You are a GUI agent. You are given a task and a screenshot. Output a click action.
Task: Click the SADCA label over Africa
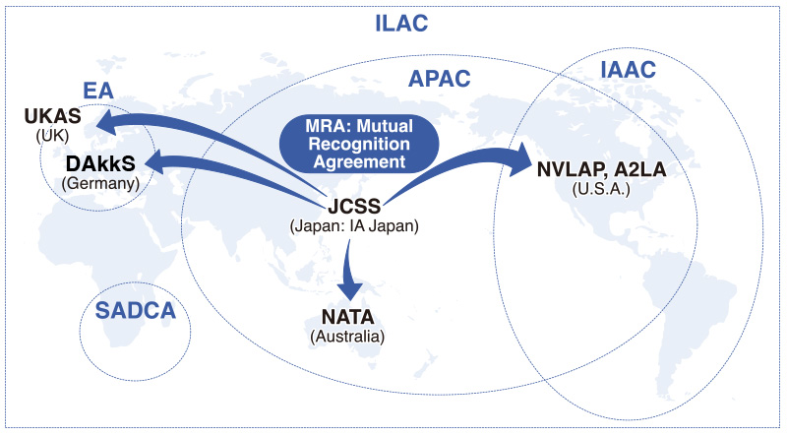coord(135,312)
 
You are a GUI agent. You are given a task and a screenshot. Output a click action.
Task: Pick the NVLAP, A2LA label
coord(602,168)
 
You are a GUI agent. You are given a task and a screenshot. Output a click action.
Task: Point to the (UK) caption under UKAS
coord(52,135)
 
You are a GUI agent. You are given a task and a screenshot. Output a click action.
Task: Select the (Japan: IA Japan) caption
coord(352,225)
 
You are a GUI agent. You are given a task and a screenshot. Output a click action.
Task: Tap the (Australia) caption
coord(347,337)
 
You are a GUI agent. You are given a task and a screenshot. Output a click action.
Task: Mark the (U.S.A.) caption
coord(602,187)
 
